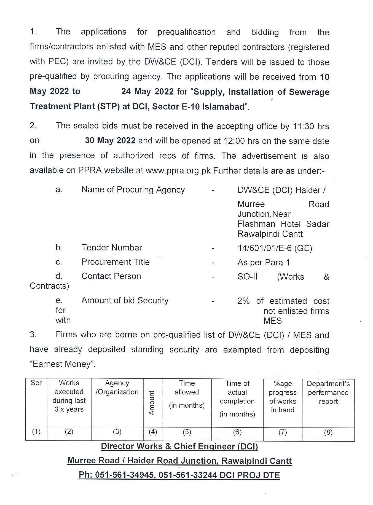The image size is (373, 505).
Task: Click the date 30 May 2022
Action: click(110, 141)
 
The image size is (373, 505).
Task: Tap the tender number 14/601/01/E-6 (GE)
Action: click(275, 248)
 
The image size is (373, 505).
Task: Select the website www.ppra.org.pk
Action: click(178, 171)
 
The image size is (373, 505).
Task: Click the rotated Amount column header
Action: click(152, 403)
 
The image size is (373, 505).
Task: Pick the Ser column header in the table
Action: click(36, 383)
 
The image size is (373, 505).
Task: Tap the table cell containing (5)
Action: click(187, 432)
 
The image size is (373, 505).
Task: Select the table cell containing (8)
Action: click(328, 432)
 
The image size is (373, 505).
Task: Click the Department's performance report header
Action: click(328, 392)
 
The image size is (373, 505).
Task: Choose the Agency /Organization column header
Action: click(117, 388)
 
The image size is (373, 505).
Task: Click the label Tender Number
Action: click(112, 248)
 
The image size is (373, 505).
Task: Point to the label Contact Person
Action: click(111, 276)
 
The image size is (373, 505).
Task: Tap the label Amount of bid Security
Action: click(125, 300)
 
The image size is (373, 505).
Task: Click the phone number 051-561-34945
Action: click(124, 475)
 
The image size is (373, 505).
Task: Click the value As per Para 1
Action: click(264, 263)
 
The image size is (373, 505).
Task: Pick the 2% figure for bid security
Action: click(243, 301)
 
